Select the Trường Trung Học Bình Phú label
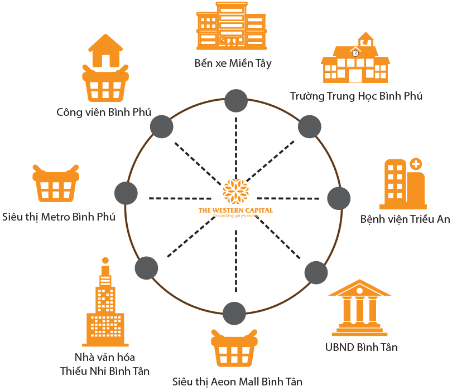(x=356, y=96)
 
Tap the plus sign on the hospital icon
(x=415, y=164)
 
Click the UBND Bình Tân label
(x=361, y=347)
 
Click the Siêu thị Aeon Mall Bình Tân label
(x=237, y=382)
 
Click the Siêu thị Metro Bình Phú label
(x=59, y=217)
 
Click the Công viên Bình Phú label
(x=104, y=112)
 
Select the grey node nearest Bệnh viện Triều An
(x=338, y=198)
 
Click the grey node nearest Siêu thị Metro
(x=126, y=193)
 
